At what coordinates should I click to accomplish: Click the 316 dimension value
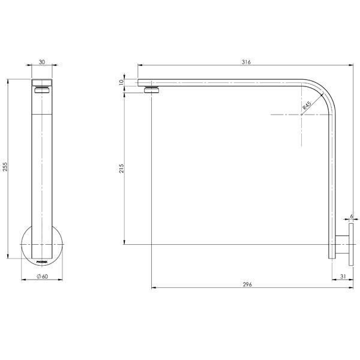coord(245,62)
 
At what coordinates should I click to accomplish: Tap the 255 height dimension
coord(5,167)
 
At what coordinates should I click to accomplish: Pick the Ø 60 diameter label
coord(42,276)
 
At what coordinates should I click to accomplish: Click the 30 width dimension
coord(41,62)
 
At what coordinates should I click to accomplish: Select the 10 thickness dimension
coord(121,82)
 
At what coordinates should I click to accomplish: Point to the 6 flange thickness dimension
coord(351,216)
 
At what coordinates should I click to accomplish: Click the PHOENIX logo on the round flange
coord(41,262)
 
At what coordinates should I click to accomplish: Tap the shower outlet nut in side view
coord(153,90)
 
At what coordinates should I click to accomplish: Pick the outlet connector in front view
coord(41,91)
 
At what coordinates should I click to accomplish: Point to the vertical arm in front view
coord(41,168)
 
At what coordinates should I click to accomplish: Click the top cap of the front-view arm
coord(41,83)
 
